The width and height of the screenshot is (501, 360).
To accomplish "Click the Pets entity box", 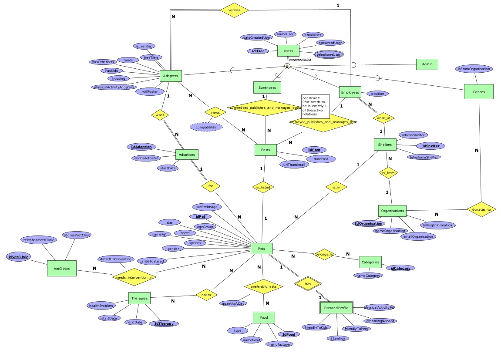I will [262, 249].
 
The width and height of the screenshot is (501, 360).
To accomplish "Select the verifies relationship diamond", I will [235, 10].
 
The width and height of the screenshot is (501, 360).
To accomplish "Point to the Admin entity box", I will [427, 64].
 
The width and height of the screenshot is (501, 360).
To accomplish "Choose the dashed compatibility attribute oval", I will [206, 127].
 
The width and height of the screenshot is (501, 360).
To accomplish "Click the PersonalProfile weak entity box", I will [334, 308].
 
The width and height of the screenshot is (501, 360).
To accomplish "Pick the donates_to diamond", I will [481, 209].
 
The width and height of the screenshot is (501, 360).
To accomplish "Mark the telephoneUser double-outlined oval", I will [329, 54].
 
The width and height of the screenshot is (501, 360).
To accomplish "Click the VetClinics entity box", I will [61, 268].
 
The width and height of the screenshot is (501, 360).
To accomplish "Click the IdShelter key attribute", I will [428, 146].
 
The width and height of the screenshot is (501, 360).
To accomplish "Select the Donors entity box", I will [478, 92].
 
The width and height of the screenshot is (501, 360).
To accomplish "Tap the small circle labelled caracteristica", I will [287, 67].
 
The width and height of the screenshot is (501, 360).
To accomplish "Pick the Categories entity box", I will [370, 262].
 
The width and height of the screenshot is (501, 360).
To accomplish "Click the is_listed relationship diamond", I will [263, 187].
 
